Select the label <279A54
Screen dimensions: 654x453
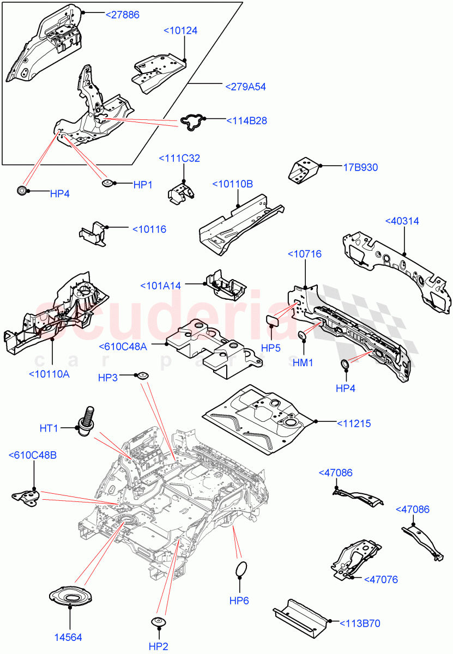245,87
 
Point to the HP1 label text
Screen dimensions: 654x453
142,185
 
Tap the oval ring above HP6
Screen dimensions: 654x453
240,570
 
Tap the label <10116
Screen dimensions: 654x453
149,229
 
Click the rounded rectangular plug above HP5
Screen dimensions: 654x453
273,319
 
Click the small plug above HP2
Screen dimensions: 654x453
159,622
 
